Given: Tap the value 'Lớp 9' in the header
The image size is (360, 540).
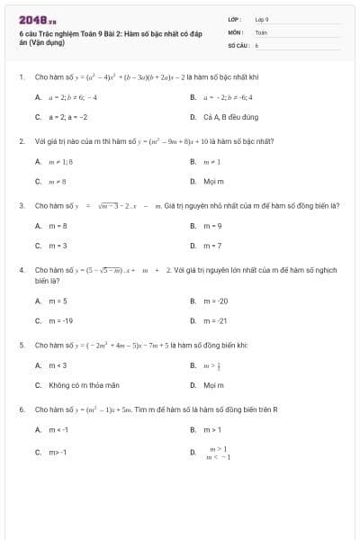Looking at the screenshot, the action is (x=262, y=19).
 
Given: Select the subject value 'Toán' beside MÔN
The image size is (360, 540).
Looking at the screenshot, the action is (x=261, y=31).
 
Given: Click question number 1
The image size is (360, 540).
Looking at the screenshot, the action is (x=21, y=76).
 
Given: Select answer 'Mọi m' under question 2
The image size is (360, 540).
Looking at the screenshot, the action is (x=212, y=181).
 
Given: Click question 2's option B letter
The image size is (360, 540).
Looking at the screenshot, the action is (x=193, y=161).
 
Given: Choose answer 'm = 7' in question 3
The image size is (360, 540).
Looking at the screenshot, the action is (x=212, y=245).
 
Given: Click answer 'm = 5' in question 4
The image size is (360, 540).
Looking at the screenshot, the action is (x=58, y=301).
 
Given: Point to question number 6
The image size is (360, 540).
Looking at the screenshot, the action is (x=21, y=409).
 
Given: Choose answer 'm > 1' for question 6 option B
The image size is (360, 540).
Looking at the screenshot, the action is (x=212, y=429).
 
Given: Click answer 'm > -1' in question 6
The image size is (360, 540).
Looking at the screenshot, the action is (x=58, y=452).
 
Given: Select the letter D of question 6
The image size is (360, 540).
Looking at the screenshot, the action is (x=193, y=452).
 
